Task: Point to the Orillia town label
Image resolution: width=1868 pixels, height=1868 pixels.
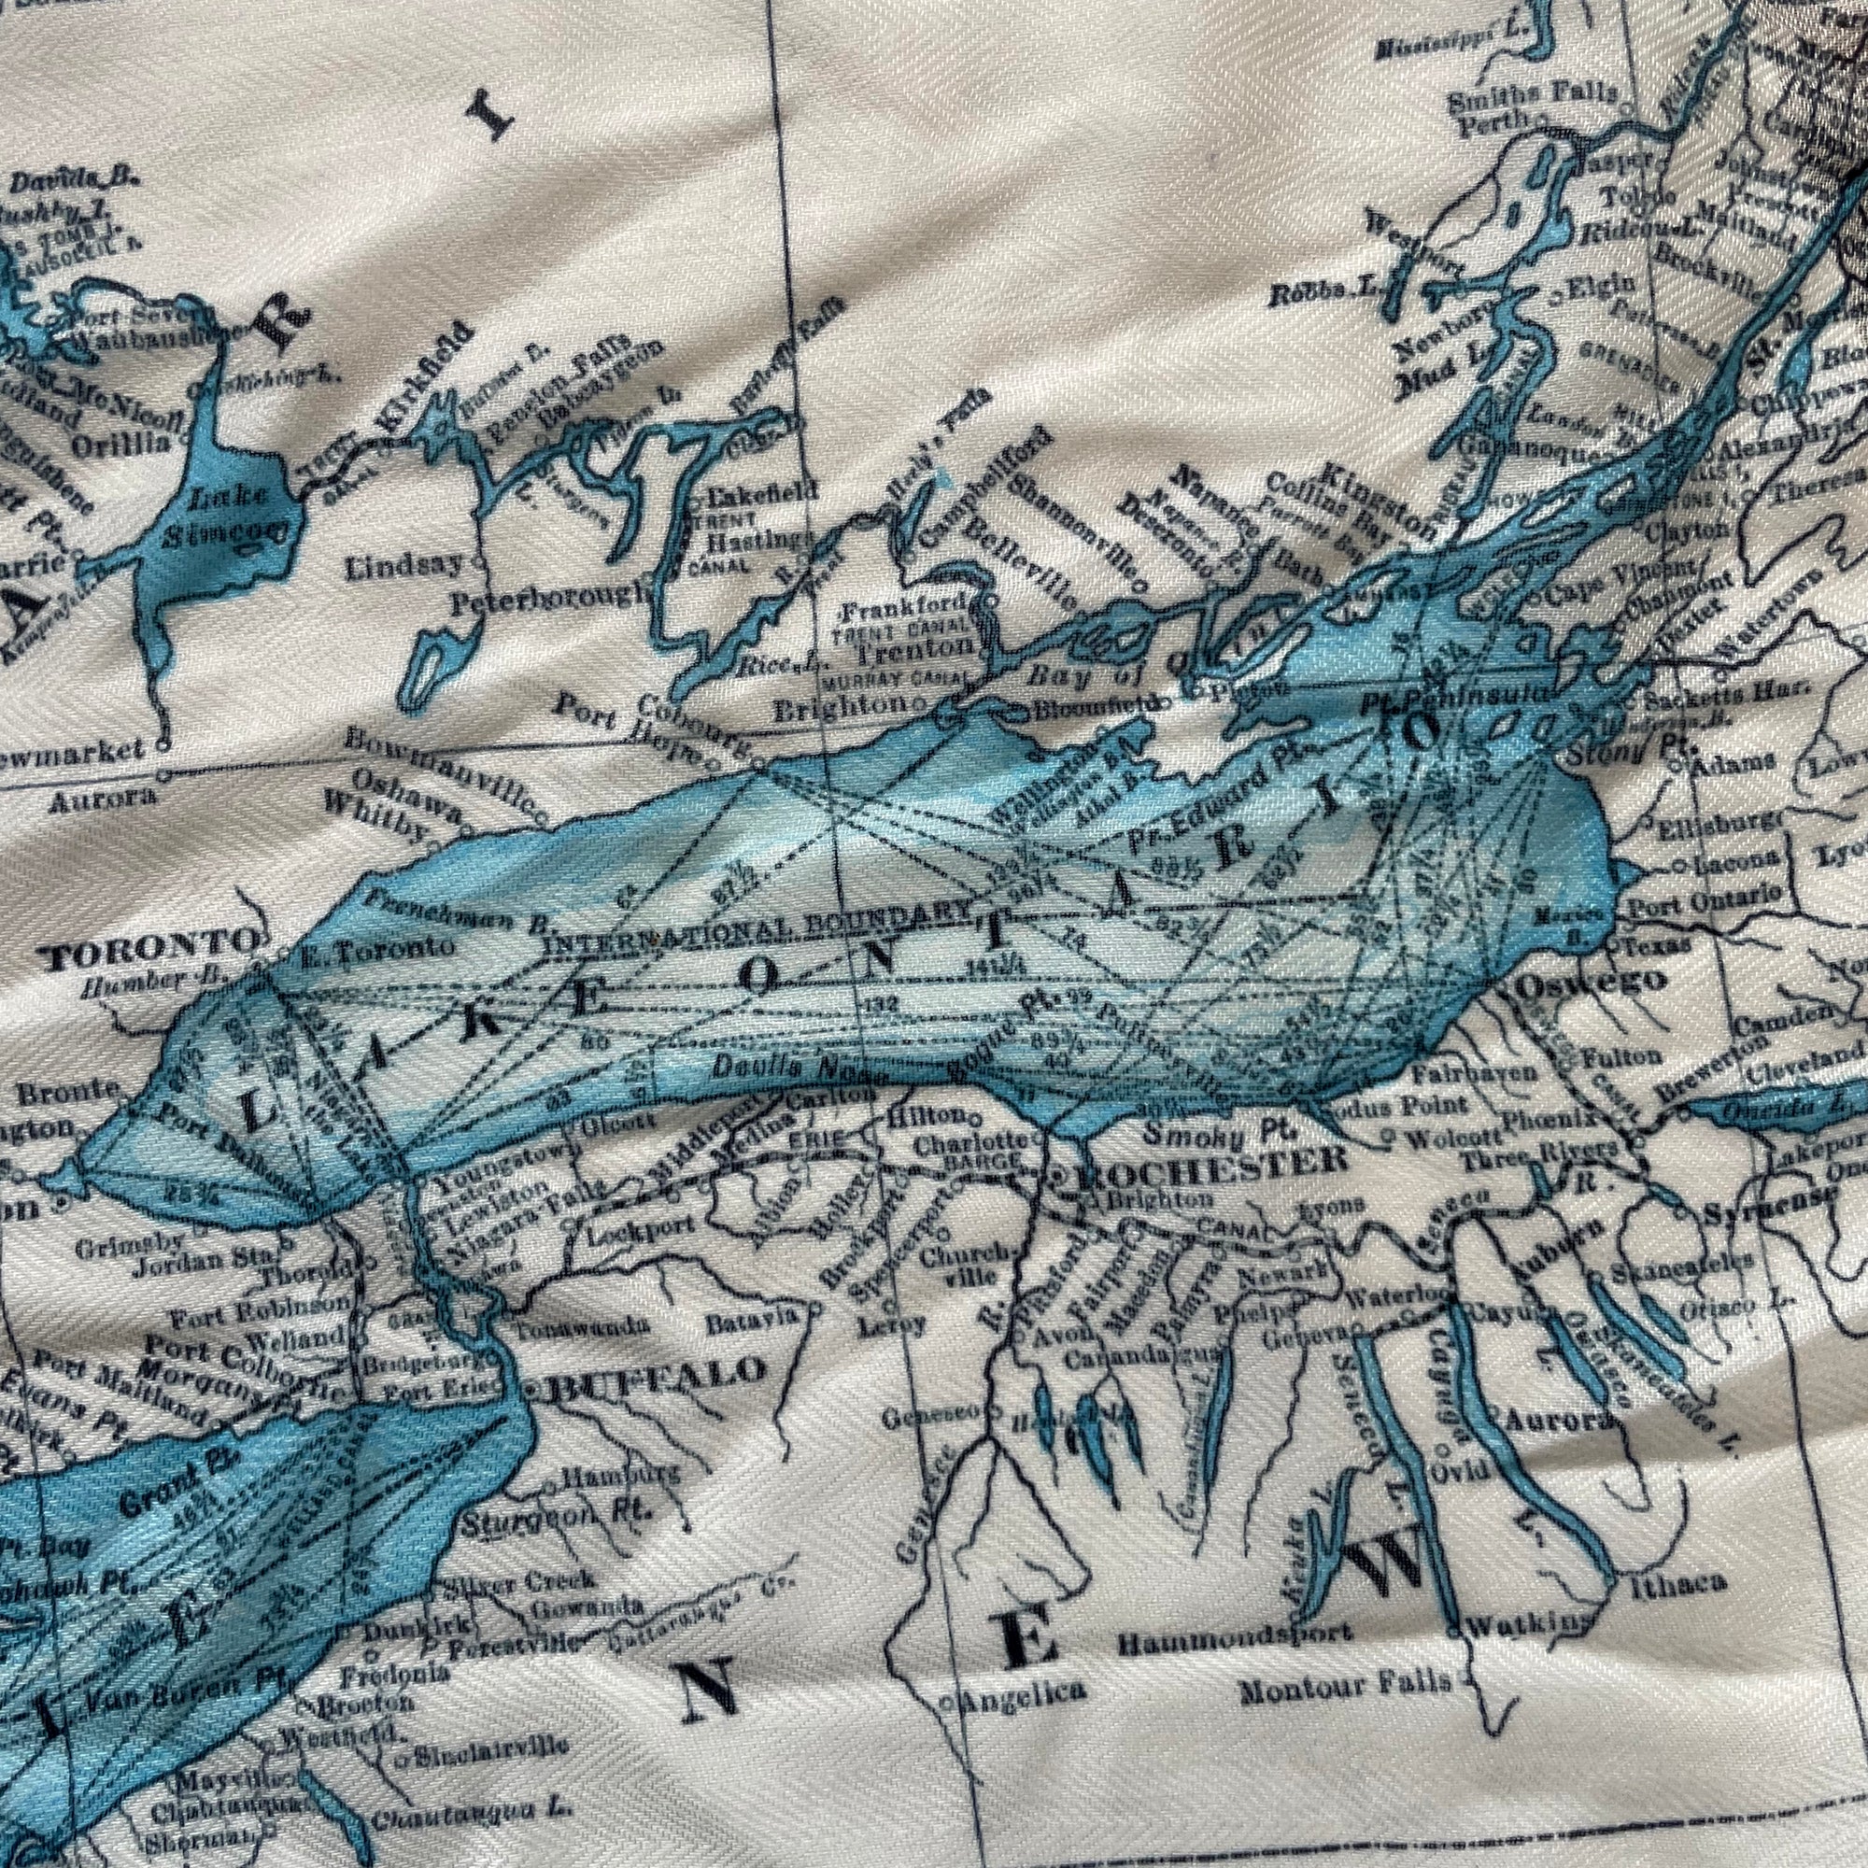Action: (130, 444)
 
